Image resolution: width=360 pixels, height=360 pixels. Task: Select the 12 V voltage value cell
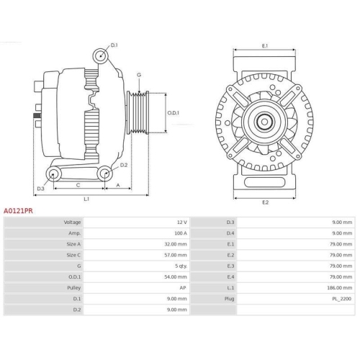pyautogui.click(x=181, y=222)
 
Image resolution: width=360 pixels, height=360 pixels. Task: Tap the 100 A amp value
pyautogui.click(x=180, y=233)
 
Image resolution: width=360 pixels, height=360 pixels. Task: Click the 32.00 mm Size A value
pyautogui.click(x=176, y=244)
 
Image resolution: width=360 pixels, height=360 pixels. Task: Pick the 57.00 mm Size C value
pyautogui.click(x=176, y=255)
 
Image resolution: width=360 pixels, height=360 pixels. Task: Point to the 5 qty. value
pyautogui.click(x=179, y=266)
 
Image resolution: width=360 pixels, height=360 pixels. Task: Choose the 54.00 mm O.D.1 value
pyautogui.click(x=176, y=276)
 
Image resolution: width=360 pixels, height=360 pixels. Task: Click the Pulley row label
pyautogui.click(x=72, y=287)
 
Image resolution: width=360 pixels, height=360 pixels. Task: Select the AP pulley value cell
pyautogui.click(x=183, y=287)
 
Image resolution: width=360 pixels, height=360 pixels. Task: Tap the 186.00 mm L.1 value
pyautogui.click(x=339, y=287)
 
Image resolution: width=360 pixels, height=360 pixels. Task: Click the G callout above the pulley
pyautogui.click(x=138, y=75)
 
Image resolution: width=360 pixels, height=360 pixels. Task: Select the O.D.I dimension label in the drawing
pyautogui.click(x=174, y=112)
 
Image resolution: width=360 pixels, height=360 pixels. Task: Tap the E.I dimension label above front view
pyautogui.click(x=264, y=46)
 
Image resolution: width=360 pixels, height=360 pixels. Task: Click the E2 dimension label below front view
pyautogui.click(x=264, y=202)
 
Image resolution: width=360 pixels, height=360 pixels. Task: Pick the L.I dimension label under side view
pyautogui.click(x=86, y=198)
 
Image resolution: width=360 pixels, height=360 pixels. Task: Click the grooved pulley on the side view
pyautogui.click(x=137, y=112)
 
